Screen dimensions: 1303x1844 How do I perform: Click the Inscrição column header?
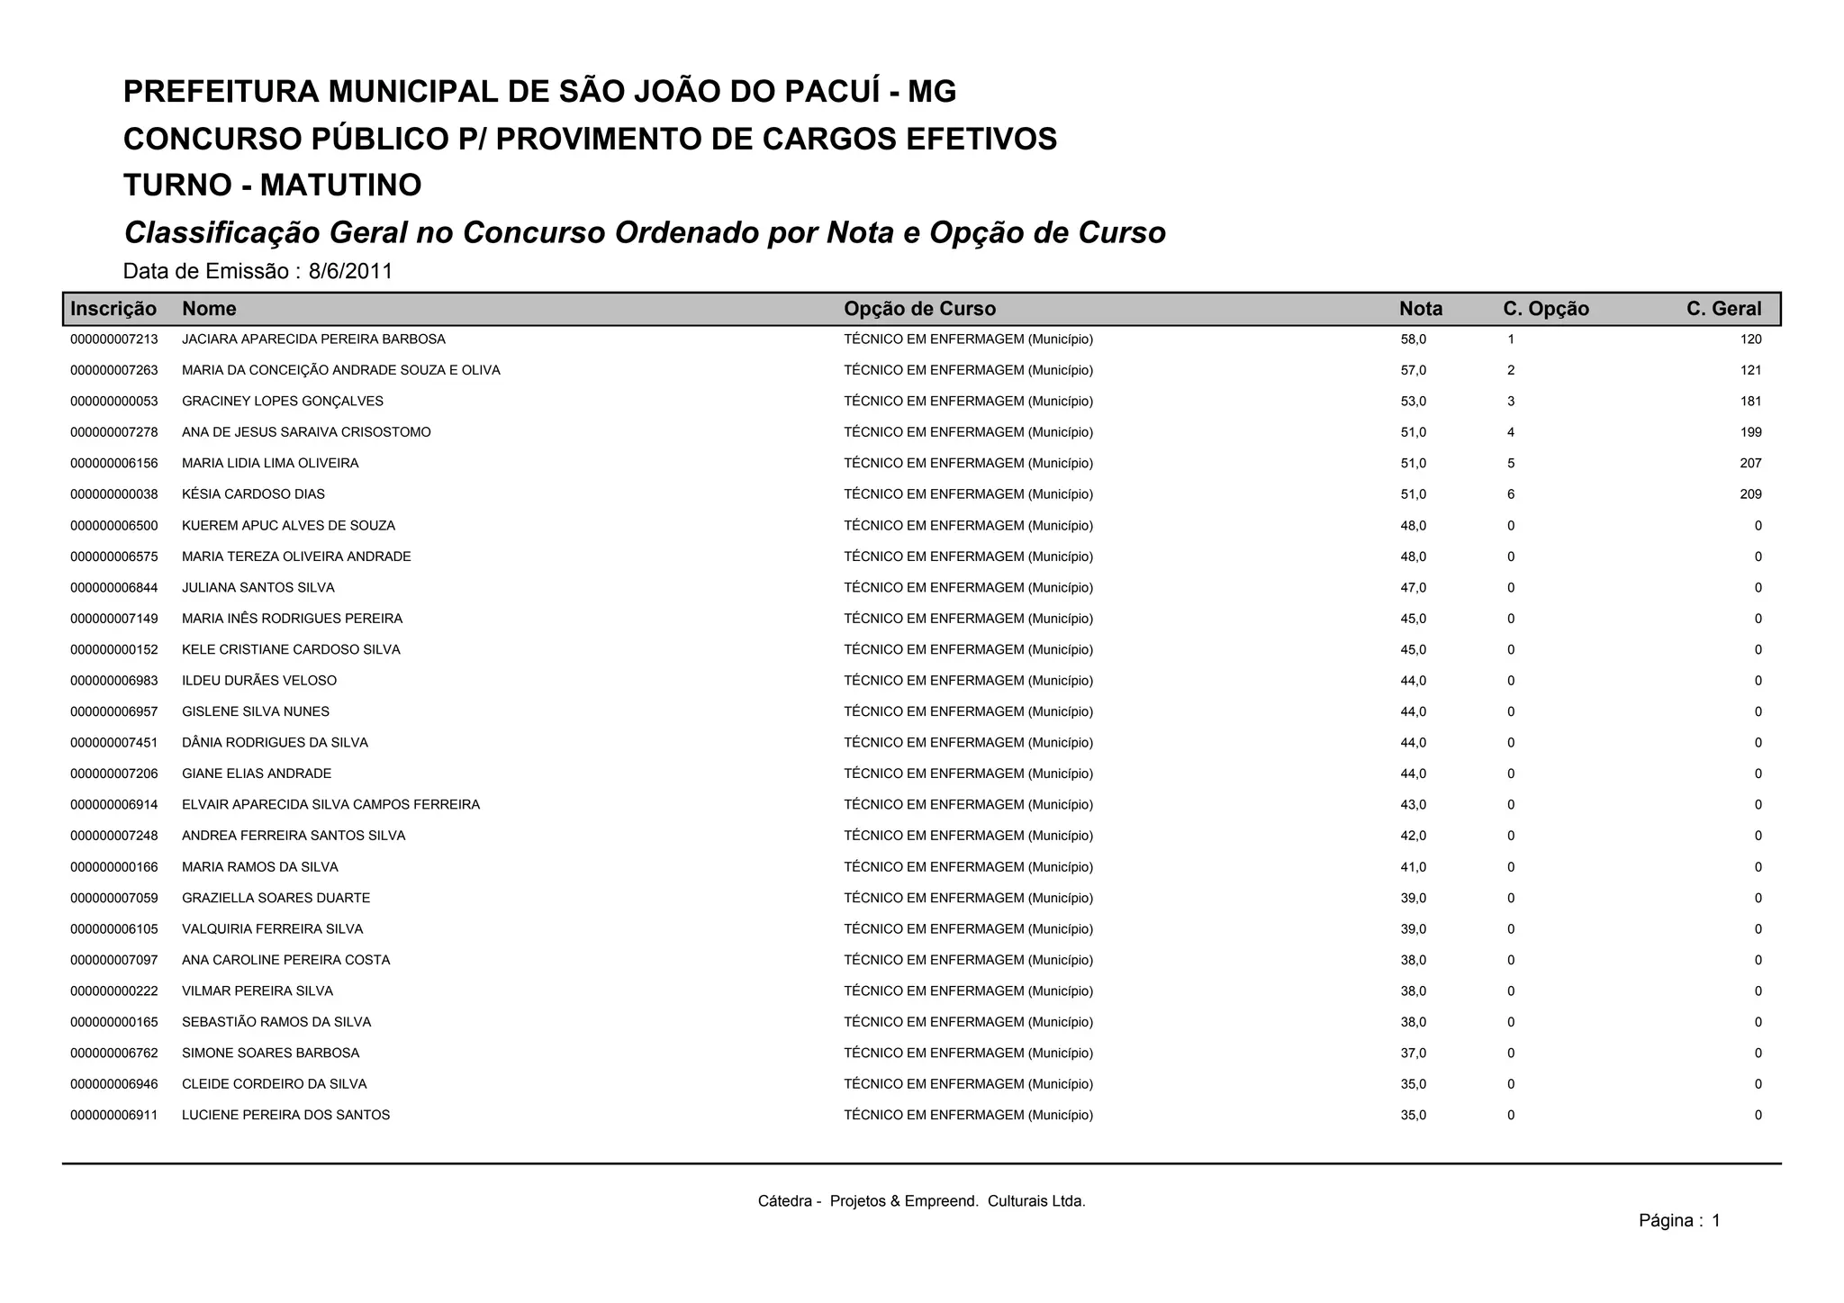pos(113,309)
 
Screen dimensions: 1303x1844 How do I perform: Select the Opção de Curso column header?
pos(919,309)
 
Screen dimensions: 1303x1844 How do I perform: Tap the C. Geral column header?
pos(1723,309)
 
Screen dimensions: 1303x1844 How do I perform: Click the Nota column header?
pos(1420,309)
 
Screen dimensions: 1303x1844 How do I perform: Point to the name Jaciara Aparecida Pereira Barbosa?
pos(313,339)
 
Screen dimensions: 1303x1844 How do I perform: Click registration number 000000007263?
pos(114,370)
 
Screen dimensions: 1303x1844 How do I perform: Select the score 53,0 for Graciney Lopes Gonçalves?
pos(1413,402)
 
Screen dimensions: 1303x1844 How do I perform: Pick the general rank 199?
pos(1750,432)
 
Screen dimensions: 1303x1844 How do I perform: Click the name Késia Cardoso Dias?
pos(253,494)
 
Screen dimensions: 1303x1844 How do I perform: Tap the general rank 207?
pos(1750,464)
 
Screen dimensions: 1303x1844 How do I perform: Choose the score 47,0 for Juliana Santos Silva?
pos(1413,588)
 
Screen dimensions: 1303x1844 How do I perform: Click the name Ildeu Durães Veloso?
pos(259,681)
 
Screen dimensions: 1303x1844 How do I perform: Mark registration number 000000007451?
pos(114,743)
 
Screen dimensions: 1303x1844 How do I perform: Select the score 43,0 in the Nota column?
pos(1413,805)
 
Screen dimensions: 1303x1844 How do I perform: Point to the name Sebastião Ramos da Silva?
pos(276,1022)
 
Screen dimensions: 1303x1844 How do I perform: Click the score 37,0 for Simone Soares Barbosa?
pos(1413,1054)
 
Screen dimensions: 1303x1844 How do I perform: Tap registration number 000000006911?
pos(114,1116)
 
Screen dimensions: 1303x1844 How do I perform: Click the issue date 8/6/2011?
pos(350,271)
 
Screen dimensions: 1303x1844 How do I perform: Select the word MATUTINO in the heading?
pos(340,185)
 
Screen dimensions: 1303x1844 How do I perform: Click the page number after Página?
pos(1715,1221)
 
